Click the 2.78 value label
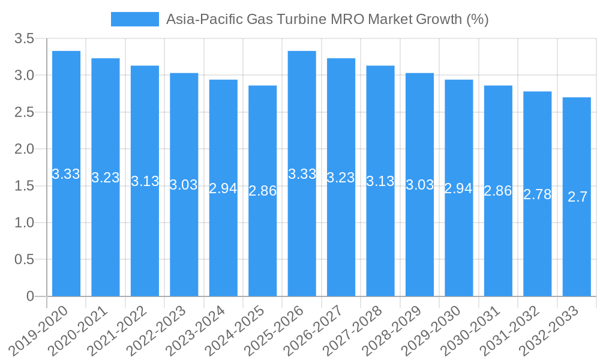coord(537,194)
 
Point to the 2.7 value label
coord(577,197)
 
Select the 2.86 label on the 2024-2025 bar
coord(262,191)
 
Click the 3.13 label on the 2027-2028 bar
coord(380,181)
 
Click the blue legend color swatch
coord(135,19)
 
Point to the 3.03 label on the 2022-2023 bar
coord(184,185)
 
